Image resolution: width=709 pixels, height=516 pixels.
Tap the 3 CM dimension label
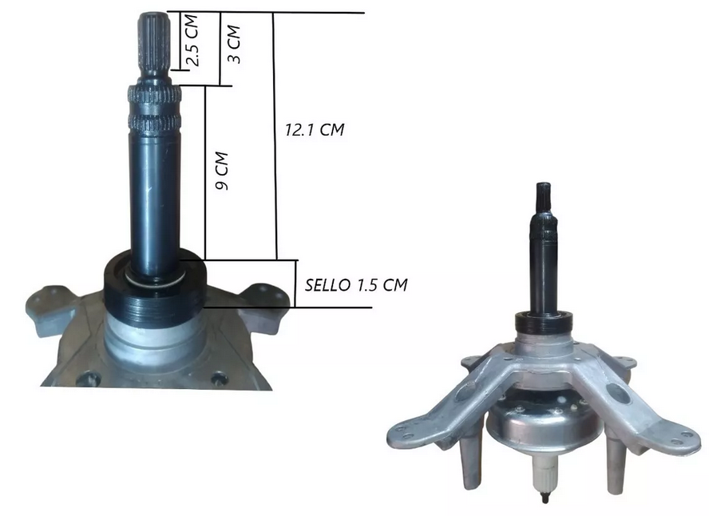tap(233, 46)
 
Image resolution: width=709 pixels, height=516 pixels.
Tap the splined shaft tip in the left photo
tap(153, 44)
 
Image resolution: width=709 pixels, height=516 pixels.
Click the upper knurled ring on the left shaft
tap(155, 97)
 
